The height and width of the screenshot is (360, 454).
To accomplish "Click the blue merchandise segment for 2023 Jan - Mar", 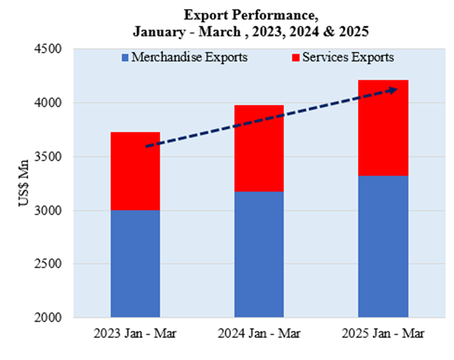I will click(x=135, y=264).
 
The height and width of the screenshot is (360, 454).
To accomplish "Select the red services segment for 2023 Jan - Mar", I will click(x=135, y=171).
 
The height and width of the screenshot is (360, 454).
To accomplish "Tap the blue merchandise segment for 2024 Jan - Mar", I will click(x=259, y=255).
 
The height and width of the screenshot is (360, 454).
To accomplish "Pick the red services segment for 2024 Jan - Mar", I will click(x=259, y=148).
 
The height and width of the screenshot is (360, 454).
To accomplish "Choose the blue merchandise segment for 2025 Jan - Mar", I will click(x=383, y=247).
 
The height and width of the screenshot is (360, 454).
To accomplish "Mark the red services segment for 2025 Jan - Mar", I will click(x=383, y=128).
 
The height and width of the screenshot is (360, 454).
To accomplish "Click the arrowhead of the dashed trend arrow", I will click(x=393, y=89).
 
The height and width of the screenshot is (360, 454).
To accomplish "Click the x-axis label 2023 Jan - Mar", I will click(x=135, y=333).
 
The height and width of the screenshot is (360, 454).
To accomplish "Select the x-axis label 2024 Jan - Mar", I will click(x=259, y=333).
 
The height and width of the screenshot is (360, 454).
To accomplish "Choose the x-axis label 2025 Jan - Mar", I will click(x=383, y=333).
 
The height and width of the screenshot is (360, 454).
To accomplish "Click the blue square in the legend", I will click(x=125, y=58).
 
